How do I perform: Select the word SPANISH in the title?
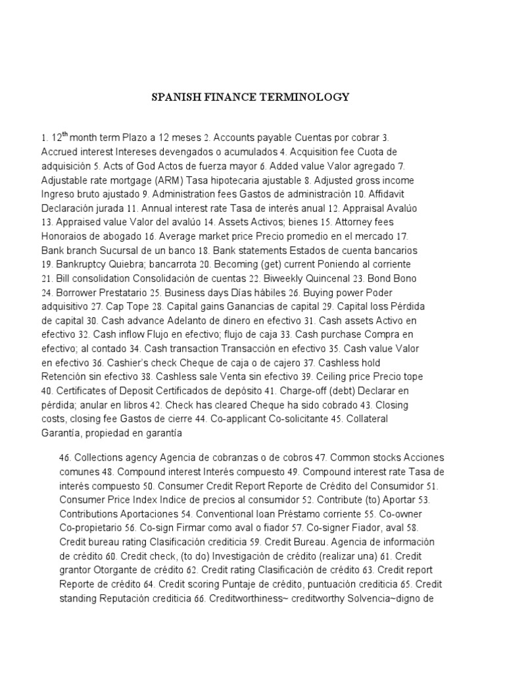coord(176,97)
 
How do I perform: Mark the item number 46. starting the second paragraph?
coord(66,457)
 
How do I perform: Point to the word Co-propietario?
coord(91,528)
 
